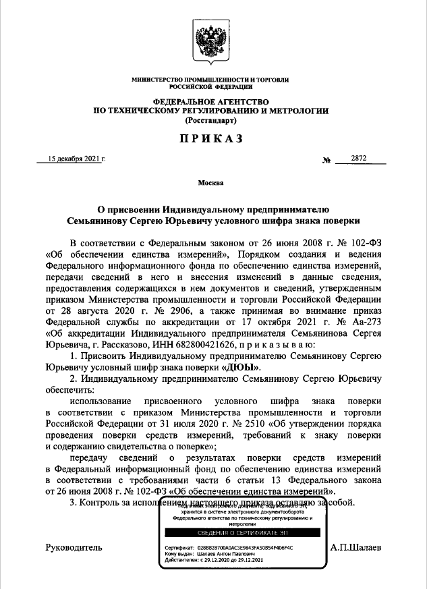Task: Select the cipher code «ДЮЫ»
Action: tap(241, 367)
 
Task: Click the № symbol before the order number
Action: tap(326, 159)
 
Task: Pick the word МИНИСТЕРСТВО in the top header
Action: tap(158, 80)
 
